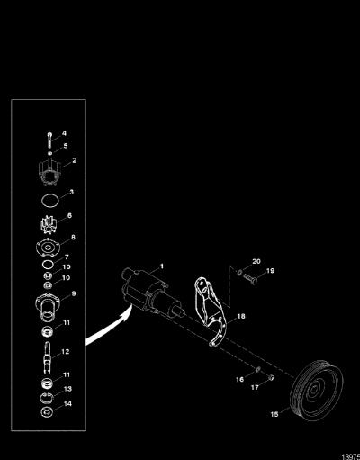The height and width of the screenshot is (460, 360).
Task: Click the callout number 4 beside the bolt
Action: (x=64, y=133)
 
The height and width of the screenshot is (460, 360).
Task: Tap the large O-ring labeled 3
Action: (x=49, y=201)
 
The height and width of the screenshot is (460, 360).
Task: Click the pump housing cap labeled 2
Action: (x=49, y=172)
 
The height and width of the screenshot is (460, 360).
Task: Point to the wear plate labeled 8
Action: (x=48, y=248)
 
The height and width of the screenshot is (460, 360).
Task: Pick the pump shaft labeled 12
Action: (x=48, y=358)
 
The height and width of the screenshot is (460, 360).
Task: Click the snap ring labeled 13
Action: (x=47, y=398)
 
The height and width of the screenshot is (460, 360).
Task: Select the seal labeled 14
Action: (x=47, y=412)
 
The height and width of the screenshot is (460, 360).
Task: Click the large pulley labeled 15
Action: (x=317, y=391)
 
